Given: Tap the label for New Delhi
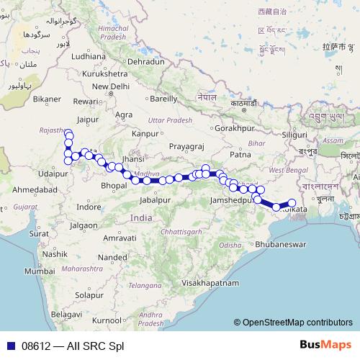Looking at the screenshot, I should pyautogui.click(x=109, y=86).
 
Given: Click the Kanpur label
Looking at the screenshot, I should pyautogui.click(x=145, y=134).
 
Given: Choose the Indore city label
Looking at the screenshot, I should pyautogui.click(x=89, y=207).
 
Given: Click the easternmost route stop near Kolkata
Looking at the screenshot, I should pyautogui.click(x=292, y=203).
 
